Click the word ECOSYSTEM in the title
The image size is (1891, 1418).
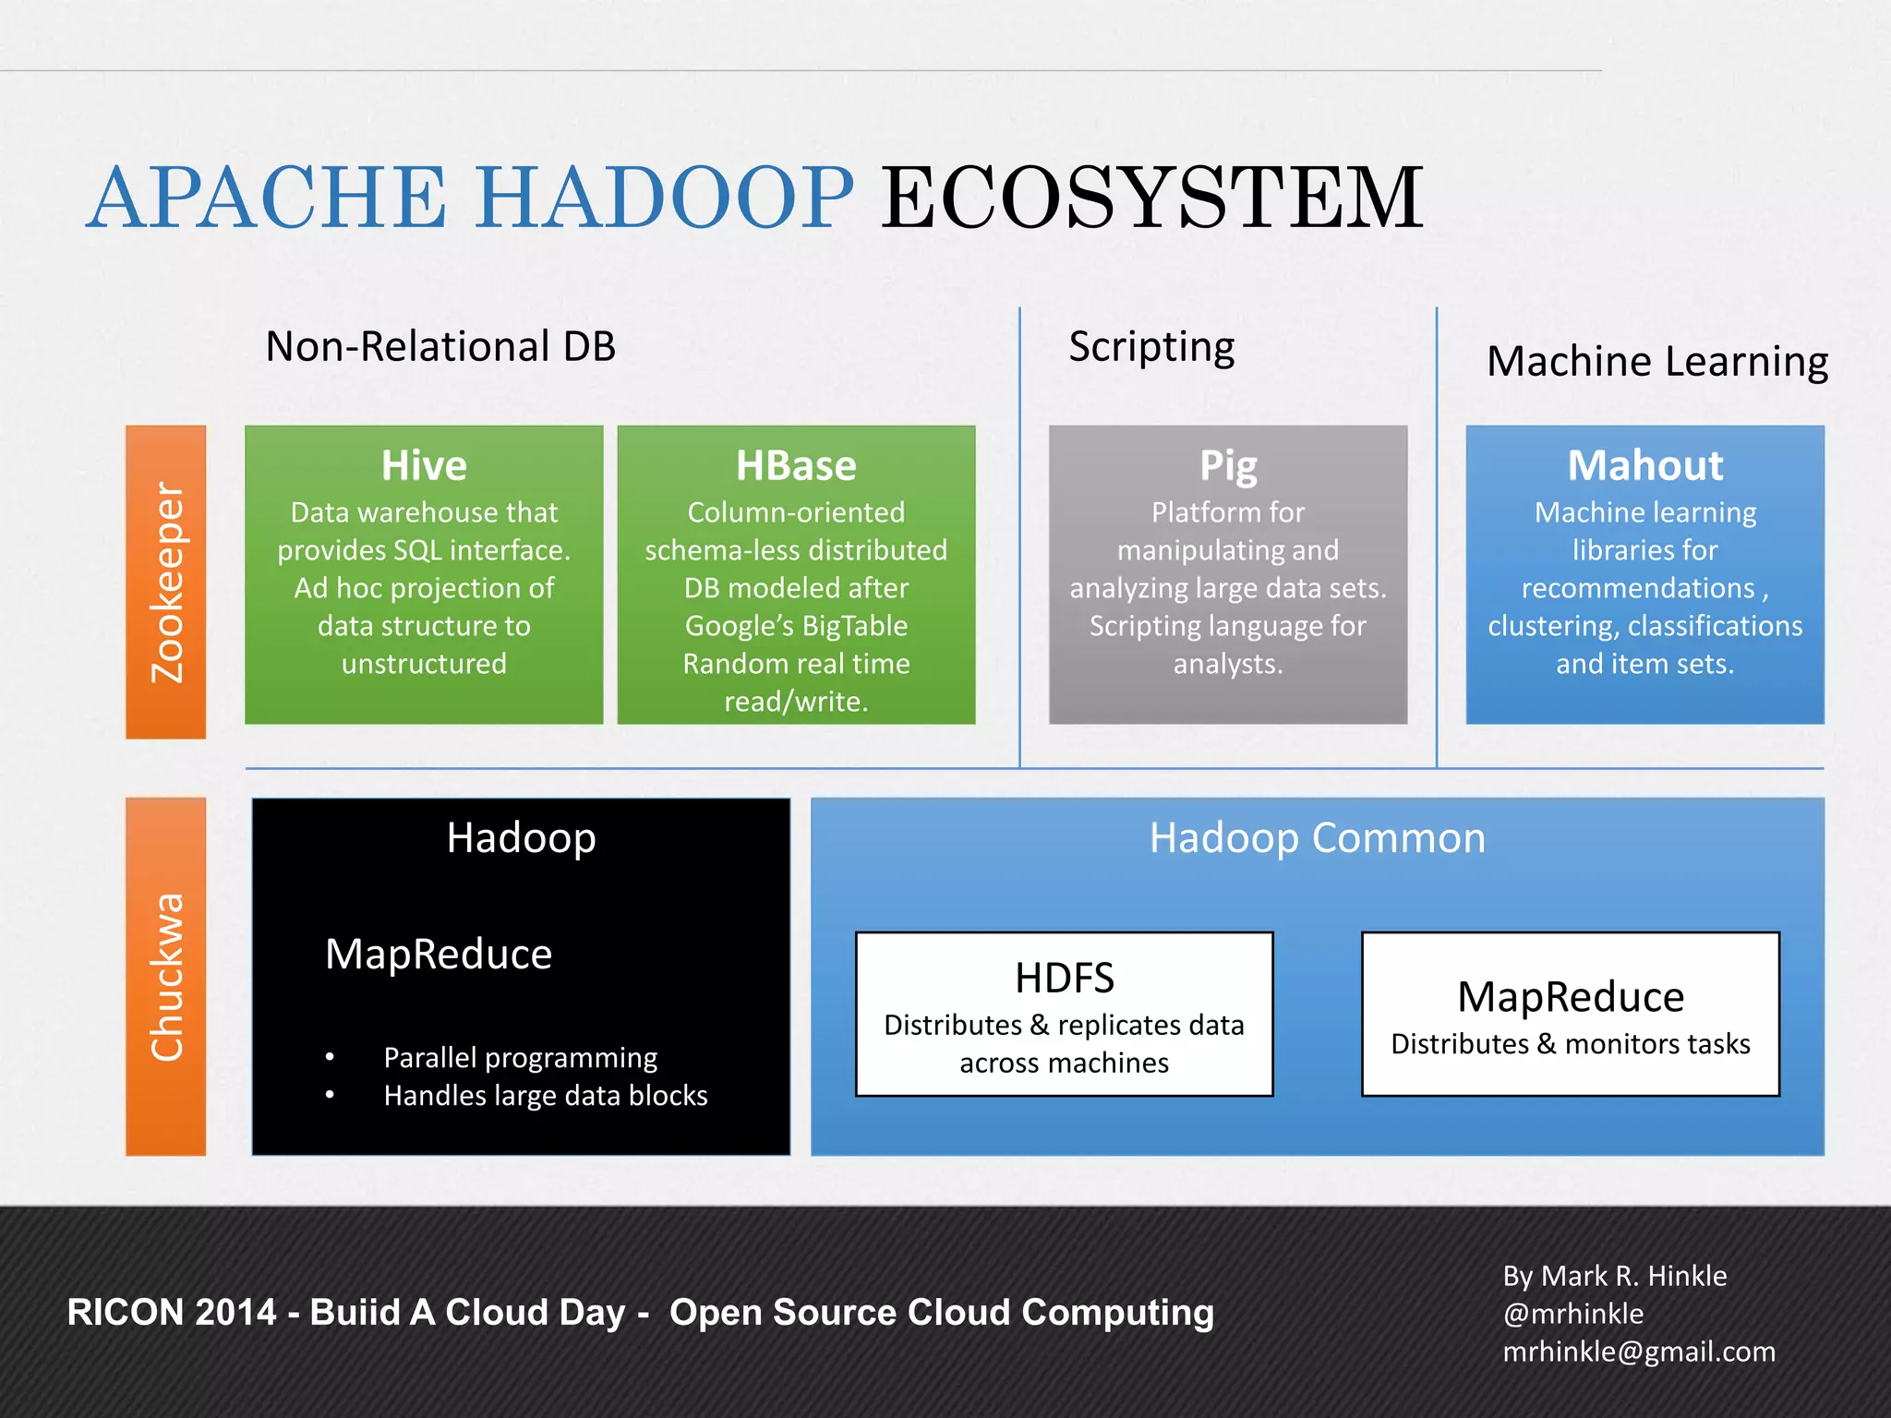point(1151,198)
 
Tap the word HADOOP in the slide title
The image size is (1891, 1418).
point(665,198)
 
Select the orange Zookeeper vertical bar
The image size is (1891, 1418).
point(166,582)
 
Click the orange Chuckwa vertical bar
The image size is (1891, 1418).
point(166,977)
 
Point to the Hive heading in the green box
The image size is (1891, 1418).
point(424,465)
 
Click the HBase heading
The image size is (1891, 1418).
point(796,465)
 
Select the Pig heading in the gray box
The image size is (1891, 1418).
point(1228,465)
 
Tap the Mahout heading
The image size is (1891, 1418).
point(1645,465)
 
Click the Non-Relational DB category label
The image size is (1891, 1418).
point(440,347)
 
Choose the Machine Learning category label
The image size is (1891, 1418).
point(1657,362)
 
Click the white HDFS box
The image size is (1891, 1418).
point(1064,1014)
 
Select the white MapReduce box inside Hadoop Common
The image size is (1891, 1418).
point(1571,1014)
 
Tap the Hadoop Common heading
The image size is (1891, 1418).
point(1318,838)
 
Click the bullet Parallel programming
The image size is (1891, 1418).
point(520,1057)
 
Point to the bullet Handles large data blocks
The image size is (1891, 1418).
point(545,1096)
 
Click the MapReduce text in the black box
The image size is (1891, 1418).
point(439,954)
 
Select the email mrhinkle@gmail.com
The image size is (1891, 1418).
point(1639,1352)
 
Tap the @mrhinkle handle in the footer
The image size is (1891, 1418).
point(1573,1314)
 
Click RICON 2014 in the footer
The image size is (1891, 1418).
point(172,1313)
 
